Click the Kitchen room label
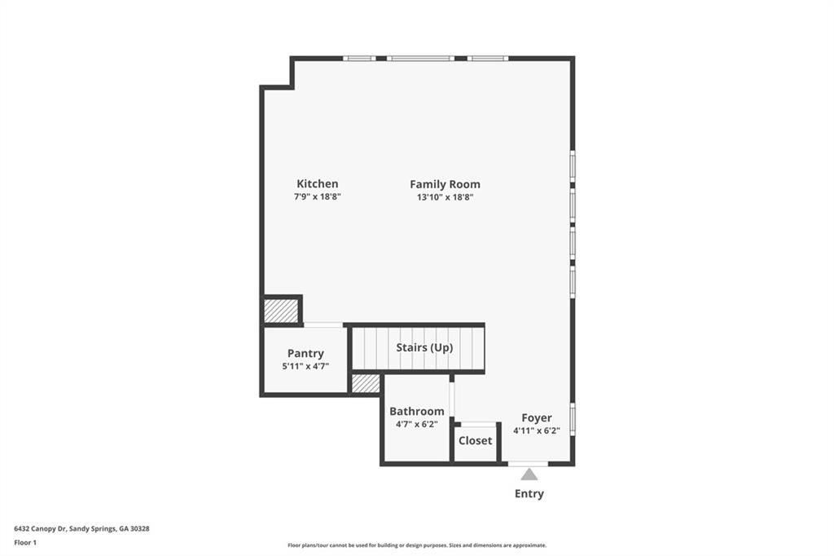coord(317,184)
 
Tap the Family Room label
coord(445,184)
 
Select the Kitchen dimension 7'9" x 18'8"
coord(317,197)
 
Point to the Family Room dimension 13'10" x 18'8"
coord(445,197)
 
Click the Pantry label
coord(305,354)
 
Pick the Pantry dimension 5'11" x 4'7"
coord(305,366)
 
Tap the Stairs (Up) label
coord(424,347)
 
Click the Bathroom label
coord(416,412)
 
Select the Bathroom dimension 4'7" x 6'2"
coord(416,424)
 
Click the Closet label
coord(475,440)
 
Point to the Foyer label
coord(537,418)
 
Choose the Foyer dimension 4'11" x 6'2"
coord(537,430)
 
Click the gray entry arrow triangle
coord(529,474)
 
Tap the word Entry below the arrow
coord(529,494)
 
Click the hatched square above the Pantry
coord(280,311)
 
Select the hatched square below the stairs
coord(366,383)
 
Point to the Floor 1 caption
coord(25,542)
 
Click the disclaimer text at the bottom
coord(416,545)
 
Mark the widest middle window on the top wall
coord(420,58)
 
